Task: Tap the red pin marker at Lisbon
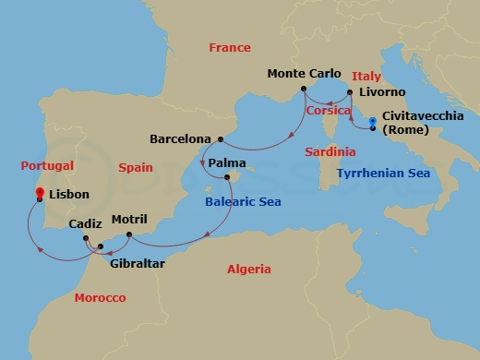click(x=40, y=193)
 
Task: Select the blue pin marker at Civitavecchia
click(x=372, y=122)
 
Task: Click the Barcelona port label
click(x=182, y=139)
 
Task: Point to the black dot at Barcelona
click(x=220, y=139)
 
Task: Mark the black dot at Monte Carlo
click(x=303, y=89)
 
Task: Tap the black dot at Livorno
click(x=350, y=91)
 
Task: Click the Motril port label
click(x=128, y=220)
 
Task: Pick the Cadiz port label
click(x=85, y=223)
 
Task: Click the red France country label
click(x=230, y=47)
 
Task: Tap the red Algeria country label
click(x=249, y=270)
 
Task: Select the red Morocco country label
click(x=102, y=299)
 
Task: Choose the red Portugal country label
click(x=46, y=166)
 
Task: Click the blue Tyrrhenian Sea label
click(x=384, y=173)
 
